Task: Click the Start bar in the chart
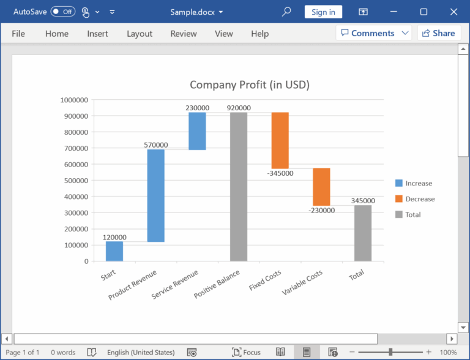114,251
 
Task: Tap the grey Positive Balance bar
239,187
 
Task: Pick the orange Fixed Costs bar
280,140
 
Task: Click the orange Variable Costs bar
321,187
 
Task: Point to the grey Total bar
362,233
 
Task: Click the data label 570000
155,145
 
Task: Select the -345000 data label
280,173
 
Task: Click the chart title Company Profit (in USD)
249,85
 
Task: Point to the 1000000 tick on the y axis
74,100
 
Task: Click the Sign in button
323,12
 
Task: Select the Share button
438,33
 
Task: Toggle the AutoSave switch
63,12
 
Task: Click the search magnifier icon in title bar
286,12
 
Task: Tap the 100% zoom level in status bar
448,352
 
